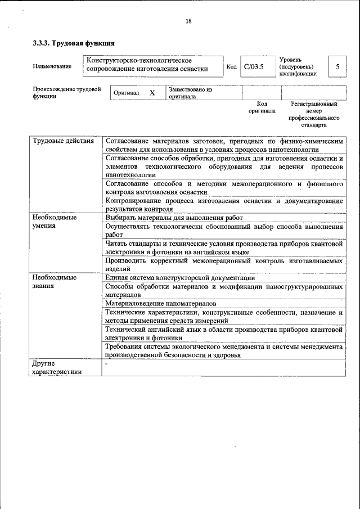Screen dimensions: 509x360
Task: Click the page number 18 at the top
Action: coord(188,21)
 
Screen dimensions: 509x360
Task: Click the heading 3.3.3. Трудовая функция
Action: coord(74,43)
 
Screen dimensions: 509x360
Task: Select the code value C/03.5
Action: coord(254,67)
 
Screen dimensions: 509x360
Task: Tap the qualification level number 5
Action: coord(337,67)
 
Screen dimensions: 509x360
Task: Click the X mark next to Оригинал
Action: coord(152,93)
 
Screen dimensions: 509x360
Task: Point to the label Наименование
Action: coord(52,67)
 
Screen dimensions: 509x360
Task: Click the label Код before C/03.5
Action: coord(231,67)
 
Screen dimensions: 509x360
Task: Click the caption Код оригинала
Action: coord(262,107)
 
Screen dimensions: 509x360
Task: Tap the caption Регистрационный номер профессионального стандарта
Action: coord(314,114)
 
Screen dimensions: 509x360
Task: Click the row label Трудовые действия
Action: coord(63,141)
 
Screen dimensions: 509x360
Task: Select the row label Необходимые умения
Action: coord(54,221)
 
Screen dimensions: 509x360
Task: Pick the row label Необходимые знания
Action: coord(54,282)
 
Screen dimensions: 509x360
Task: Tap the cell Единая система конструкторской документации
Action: coord(180,278)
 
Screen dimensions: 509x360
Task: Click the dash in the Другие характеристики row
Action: coord(106,364)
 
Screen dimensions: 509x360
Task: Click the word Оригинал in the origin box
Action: coord(127,93)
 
